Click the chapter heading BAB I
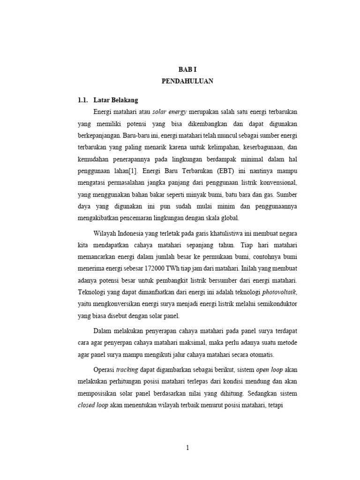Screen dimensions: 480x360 point(187,69)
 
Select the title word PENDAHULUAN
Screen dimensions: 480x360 point(187,81)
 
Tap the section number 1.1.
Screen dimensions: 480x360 point(83,100)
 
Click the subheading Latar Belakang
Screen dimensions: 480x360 point(115,100)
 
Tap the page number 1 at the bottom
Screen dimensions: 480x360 point(187,448)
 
